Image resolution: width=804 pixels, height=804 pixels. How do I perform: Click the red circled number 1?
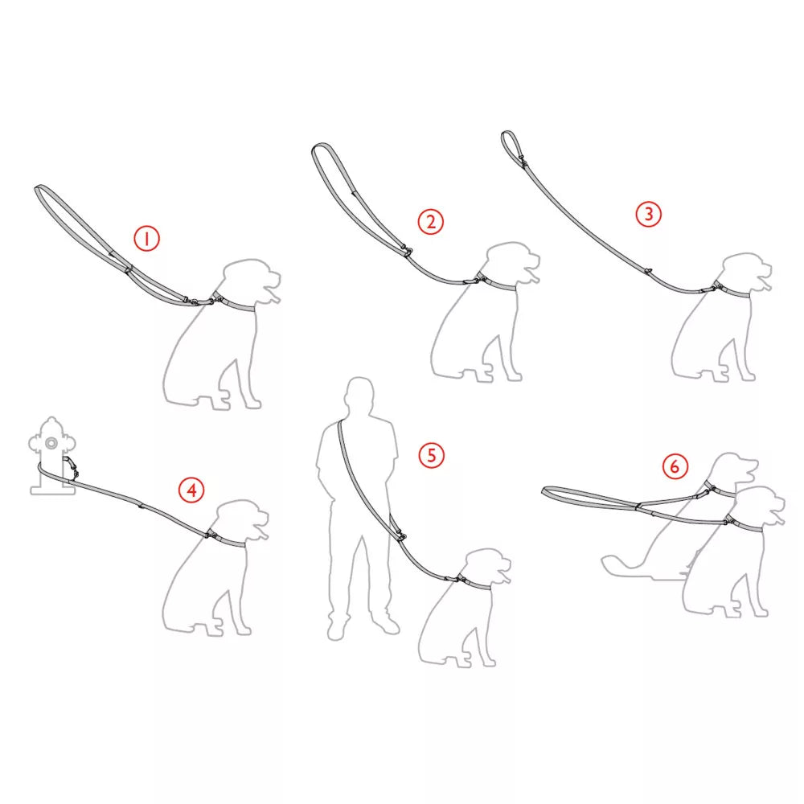click(146, 239)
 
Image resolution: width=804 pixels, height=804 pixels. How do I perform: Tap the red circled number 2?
click(431, 222)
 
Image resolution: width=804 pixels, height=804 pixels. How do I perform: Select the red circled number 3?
click(649, 214)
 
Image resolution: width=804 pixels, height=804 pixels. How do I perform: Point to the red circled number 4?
click(191, 490)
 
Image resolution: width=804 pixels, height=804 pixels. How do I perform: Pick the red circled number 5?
click(431, 455)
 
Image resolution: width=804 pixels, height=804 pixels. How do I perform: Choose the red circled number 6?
click(675, 466)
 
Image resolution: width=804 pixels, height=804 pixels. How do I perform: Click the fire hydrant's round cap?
click(51, 443)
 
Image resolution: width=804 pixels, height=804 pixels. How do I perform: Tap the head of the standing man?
click(359, 396)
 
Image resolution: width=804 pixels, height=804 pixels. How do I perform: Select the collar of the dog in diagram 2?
click(497, 283)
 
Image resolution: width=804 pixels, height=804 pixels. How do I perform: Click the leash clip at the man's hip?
click(399, 533)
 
